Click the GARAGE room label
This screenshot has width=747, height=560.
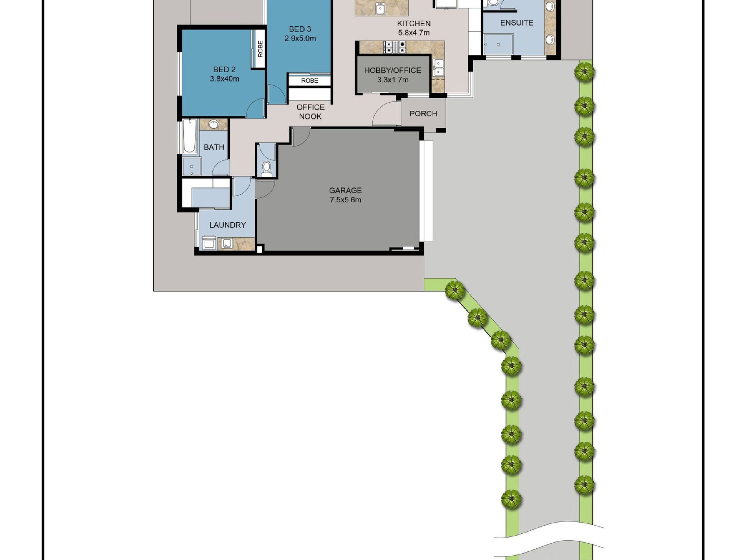point(345,191)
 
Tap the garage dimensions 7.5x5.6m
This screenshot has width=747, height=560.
point(345,200)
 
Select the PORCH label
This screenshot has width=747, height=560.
point(423,114)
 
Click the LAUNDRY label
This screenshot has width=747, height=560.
point(227,225)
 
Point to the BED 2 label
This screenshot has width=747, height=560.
point(224,70)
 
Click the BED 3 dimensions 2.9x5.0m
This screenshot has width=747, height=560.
point(300,39)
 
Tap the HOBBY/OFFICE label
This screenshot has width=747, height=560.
point(392,70)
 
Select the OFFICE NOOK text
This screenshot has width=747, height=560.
point(310,112)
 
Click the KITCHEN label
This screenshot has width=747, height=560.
point(414,24)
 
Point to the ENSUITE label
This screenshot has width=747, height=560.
point(516,23)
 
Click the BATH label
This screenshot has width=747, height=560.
point(213,147)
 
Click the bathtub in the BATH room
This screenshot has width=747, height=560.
point(190,136)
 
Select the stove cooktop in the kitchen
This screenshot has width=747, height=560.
point(394,47)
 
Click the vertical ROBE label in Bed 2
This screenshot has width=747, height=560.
point(260,49)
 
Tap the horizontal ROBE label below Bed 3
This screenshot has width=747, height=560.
point(309,81)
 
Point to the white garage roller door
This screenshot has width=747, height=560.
point(427,191)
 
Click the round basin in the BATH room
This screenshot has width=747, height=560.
point(213,125)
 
